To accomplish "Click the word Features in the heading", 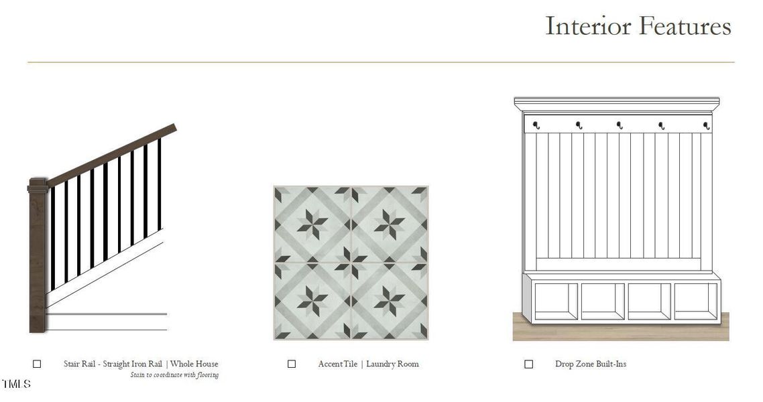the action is coord(685,25).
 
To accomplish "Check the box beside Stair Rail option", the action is coord(37,364).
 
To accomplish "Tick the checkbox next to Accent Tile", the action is coord(292,364).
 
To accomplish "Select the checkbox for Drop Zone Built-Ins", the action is coord(528,364).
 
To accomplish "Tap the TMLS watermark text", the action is coord(16,384).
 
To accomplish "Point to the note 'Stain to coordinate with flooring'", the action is coord(174,375).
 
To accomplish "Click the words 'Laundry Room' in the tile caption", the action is coord(392,364).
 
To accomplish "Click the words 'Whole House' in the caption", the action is coord(194,364).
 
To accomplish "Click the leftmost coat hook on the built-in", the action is coord(536,125).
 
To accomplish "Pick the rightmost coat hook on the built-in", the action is coord(707,126).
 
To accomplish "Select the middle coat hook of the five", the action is coord(620,125).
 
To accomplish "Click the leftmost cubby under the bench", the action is coord(556,301).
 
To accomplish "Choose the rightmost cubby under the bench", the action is coord(696,301).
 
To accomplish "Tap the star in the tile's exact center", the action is coord(351,263).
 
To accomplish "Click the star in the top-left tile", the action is coord(312,224).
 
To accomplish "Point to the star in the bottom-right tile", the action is coord(390,301).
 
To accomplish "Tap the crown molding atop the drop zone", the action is coord(617,104).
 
